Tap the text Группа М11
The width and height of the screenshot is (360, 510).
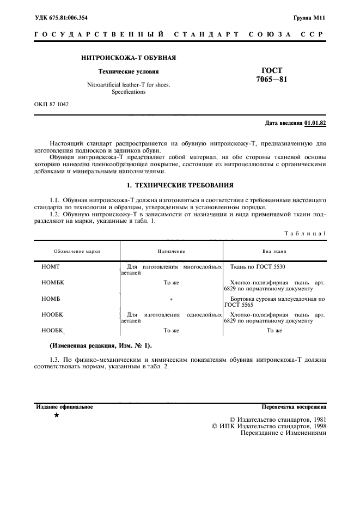pos(309,17)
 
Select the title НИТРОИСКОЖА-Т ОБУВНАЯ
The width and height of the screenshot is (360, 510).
pos(129,58)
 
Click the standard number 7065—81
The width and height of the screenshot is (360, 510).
pos(271,80)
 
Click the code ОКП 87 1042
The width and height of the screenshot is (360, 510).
pos(52,103)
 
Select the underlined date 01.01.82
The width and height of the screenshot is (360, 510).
pos(315,123)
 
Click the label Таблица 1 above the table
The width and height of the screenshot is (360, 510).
pos(305,233)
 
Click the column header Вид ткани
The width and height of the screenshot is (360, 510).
pos(274,251)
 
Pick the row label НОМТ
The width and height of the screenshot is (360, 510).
pos(50,267)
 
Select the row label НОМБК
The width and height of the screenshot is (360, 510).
pos(53,283)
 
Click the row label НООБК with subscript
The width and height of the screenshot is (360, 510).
pos(53,330)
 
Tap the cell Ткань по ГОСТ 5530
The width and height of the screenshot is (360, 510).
pos(258,267)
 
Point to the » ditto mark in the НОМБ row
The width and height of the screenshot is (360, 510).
pos(171,299)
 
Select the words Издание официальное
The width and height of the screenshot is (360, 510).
pos(64,407)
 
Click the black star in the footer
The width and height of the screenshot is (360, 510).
pos(57,415)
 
